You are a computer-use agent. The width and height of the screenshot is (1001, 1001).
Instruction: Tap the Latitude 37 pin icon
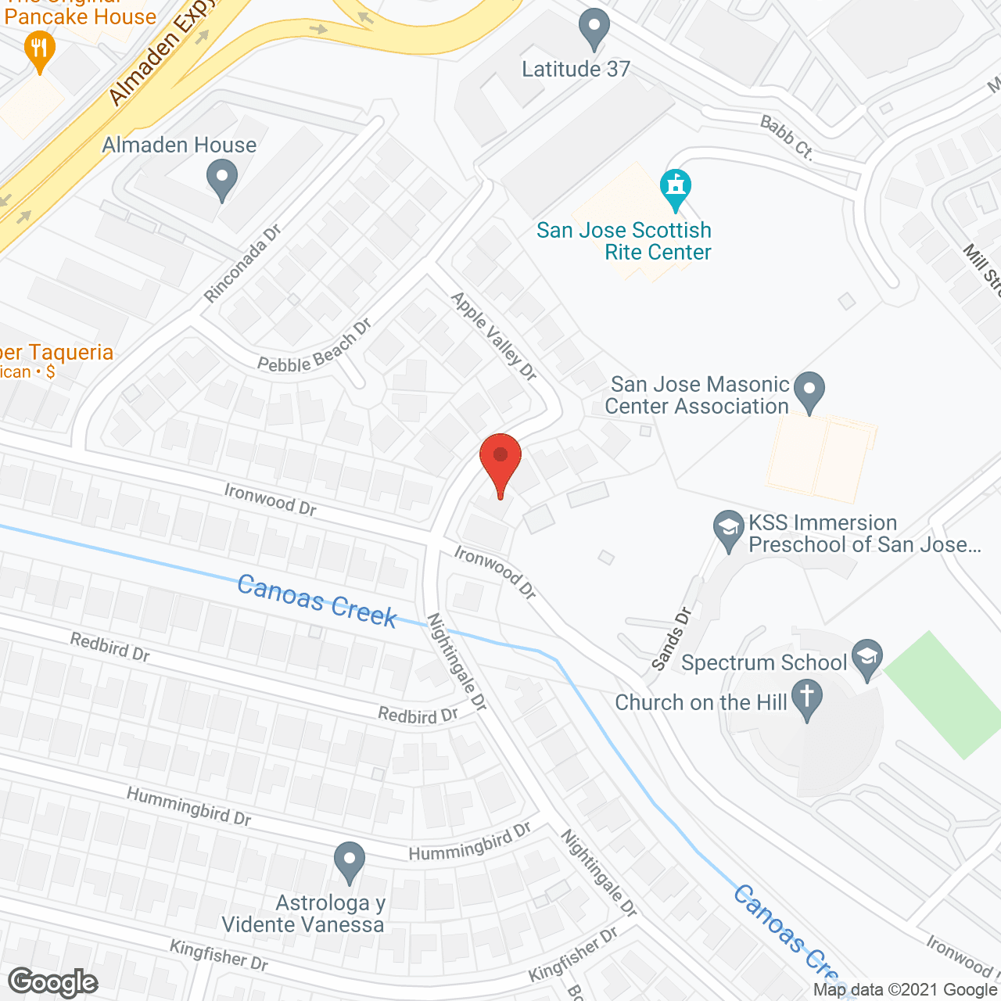point(594,29)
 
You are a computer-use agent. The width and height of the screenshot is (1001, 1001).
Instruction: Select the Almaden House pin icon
point(222,179)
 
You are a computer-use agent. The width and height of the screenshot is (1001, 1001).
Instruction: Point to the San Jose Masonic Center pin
point(809,391)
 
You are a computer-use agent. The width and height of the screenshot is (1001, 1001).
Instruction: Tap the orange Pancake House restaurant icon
point(38,51)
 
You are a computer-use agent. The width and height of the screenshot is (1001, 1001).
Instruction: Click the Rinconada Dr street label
point(242,264)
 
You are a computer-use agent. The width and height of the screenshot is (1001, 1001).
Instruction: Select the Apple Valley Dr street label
point(494,336)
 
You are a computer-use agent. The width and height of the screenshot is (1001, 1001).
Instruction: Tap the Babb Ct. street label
point(787,137)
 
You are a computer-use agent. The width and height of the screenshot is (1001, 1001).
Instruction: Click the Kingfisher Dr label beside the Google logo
point(219,955)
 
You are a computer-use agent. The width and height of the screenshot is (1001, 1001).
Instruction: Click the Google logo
point(53,982)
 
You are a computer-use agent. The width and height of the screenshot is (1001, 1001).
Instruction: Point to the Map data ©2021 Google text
point(906,990)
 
